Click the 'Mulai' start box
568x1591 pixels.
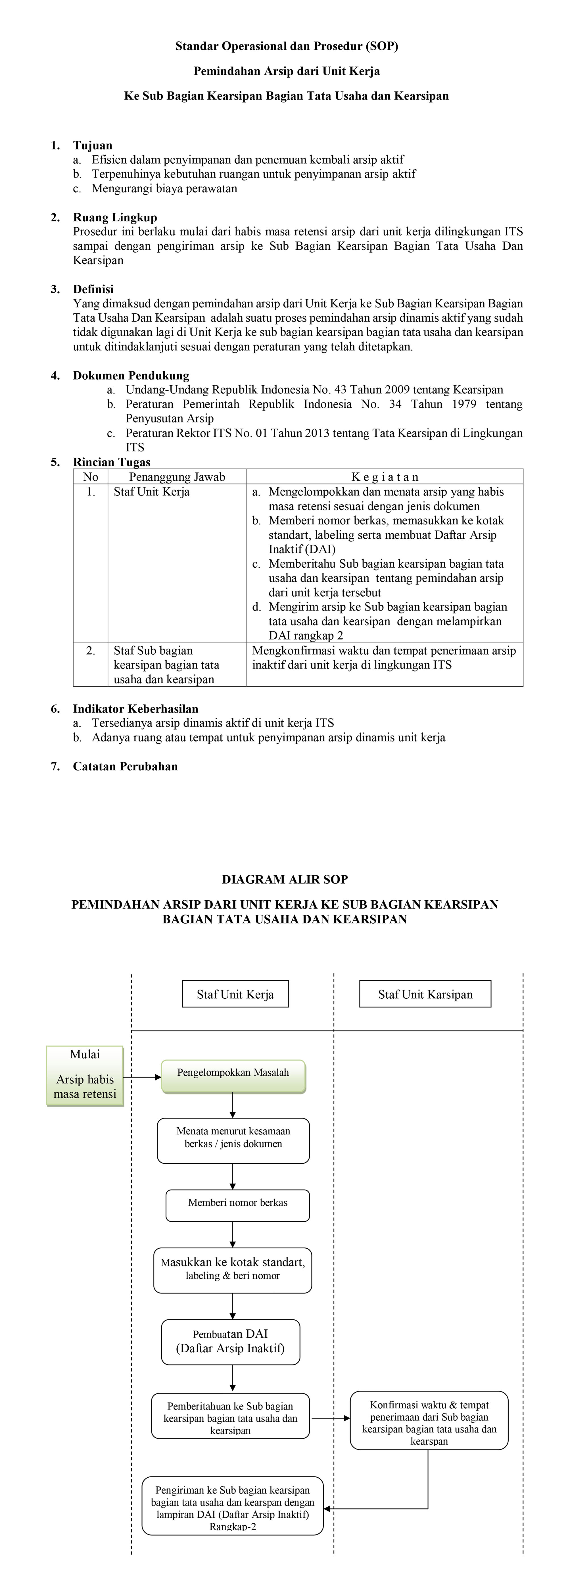click(85, 1075)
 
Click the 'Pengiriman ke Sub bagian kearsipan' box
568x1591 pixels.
click(233, 1505)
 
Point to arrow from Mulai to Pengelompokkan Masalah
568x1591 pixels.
click(142, 1077)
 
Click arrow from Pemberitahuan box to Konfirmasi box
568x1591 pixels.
click(330, 1418)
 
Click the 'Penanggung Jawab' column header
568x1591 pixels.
click(177, 477)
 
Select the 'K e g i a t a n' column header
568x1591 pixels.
click(385, 477)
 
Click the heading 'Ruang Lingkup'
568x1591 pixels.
click(115, 217)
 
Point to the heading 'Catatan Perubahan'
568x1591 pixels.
click(125, 767)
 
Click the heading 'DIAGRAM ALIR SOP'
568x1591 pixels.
click(285, 880)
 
